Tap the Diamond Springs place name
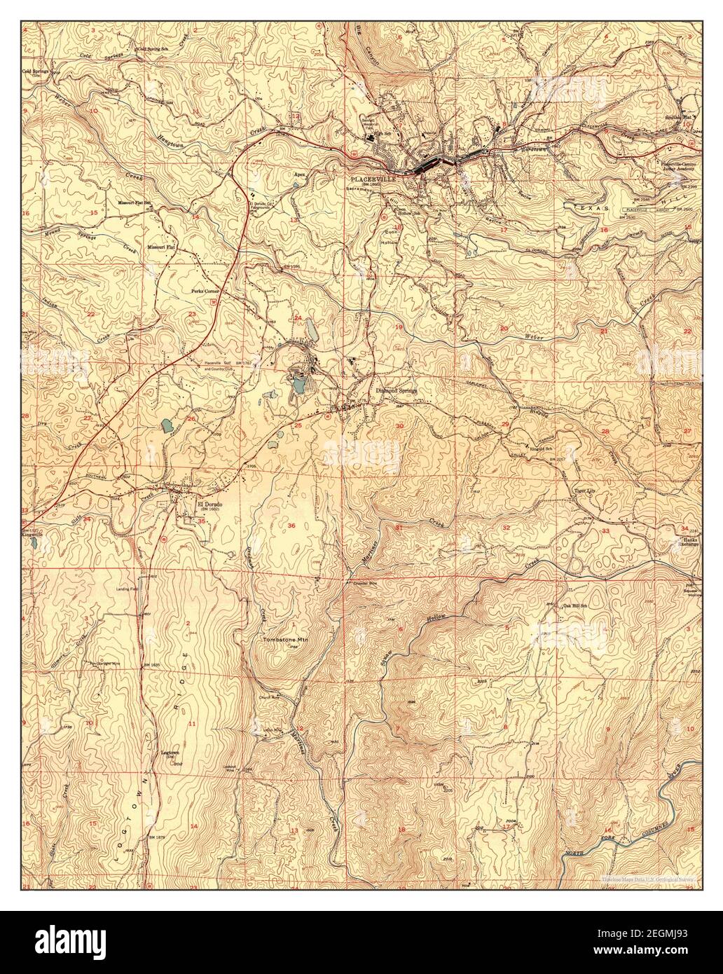pyautogui.click(x=397, y=390)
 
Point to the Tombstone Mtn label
pyautogui.click(x=285, y=640)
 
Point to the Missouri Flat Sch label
pyautogui.click(x=135, y=202)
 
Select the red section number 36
pyautogui.click(x=291, y=525)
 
